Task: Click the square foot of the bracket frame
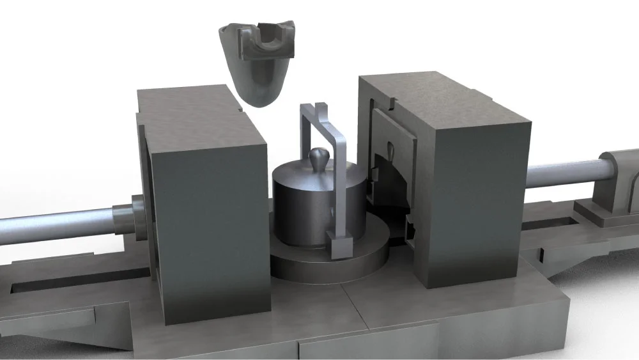339,244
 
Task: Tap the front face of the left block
211,230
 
